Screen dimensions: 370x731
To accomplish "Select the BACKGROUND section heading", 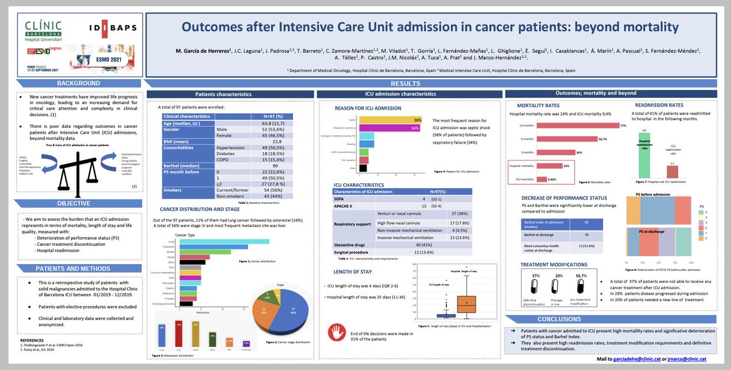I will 75,83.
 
